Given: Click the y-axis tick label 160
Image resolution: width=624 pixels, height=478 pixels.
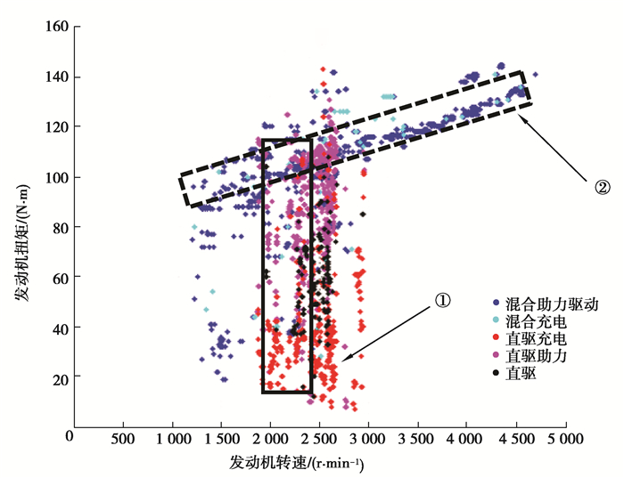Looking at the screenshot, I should click(56, 26).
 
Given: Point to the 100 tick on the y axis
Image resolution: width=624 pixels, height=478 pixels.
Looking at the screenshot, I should click(56, 177).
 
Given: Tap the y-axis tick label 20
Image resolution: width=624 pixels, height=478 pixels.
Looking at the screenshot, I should click(59, 378).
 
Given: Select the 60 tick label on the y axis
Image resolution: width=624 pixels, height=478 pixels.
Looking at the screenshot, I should click(59, 278).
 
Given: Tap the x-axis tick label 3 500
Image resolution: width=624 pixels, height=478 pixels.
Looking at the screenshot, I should click(415, 439).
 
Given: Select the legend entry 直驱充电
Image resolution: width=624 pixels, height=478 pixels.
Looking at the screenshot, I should click(536, 339).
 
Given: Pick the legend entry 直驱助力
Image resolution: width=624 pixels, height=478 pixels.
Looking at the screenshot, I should click(536, 356).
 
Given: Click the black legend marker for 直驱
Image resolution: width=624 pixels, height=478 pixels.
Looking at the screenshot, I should click(495, 374).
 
